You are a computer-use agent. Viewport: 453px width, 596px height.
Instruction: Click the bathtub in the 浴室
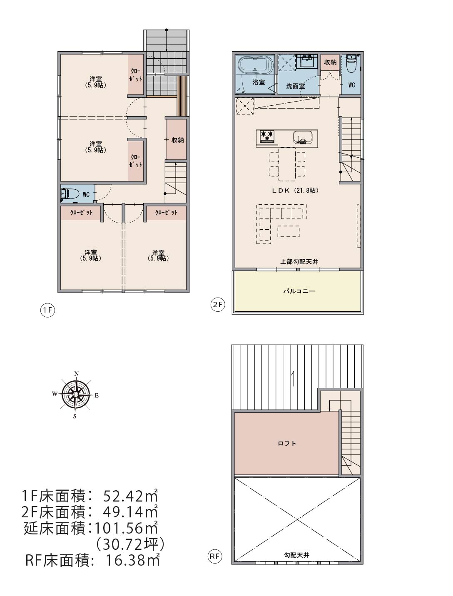point(255,65)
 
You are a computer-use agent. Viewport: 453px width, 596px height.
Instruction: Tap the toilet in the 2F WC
point(351,65)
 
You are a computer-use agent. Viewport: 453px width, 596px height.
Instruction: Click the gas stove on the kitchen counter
point(267,136)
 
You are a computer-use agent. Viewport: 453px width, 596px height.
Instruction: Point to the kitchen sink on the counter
point(303,137)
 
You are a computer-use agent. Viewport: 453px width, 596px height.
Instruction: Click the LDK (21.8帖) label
point(296,190)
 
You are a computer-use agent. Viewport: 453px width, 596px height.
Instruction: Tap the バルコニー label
point(299,291)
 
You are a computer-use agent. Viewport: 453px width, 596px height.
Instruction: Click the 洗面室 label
point(296,86)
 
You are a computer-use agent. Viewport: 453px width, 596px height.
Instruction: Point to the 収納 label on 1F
point(177,140)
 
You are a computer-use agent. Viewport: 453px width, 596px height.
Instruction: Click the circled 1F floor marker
point(47,310)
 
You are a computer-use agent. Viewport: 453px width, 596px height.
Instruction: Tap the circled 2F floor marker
point(218,304)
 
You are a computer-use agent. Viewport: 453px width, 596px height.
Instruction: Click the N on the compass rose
point(77,374)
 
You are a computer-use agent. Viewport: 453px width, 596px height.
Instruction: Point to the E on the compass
point(97,396)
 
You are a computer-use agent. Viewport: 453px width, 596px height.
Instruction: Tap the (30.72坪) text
point(130,544)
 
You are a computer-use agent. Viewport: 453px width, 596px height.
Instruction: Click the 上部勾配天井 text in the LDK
point(299,262)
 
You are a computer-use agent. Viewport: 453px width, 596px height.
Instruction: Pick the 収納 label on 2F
point(330,62)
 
